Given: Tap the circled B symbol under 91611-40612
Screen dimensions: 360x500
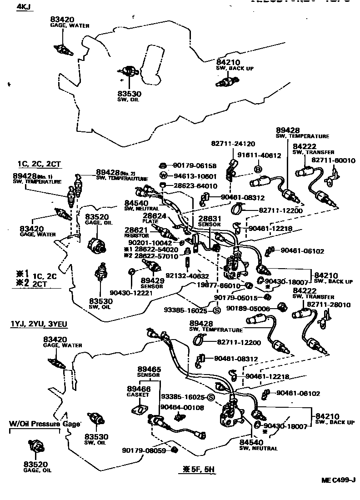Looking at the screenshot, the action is coord(257,169).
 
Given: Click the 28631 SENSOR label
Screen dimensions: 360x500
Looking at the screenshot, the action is coord(209,221).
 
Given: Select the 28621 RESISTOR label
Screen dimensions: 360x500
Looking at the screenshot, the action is coord(136,233).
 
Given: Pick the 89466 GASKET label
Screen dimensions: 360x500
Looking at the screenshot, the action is coord(139,391).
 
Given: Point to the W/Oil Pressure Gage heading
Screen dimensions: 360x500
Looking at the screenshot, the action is coord(45,424).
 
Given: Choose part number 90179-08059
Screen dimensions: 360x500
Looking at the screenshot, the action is coord(144,450).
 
